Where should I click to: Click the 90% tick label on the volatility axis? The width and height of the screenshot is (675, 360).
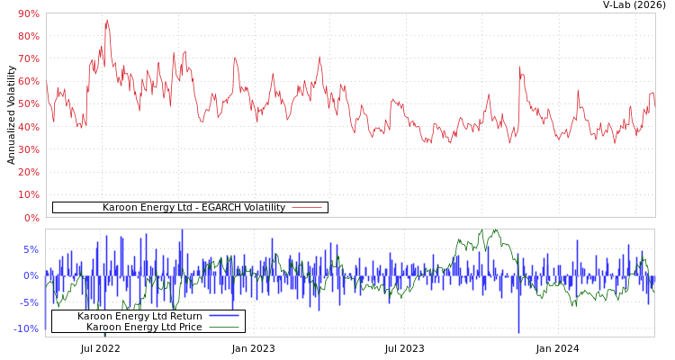click(x=28, y=13)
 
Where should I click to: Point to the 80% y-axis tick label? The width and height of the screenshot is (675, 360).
click(x=28, y=36)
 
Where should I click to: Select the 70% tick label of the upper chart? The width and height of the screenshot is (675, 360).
click(x=28, y=58)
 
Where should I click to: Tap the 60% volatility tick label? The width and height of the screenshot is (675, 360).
click(x=28, y=81)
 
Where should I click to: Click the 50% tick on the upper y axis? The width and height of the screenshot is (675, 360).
click(x=28, y=104)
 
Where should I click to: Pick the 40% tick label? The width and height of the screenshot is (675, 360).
click(x=28, y=127)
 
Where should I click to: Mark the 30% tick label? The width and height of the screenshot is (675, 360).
click(x=28, y=149)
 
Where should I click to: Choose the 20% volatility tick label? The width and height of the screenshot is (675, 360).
click(x=28, y=172)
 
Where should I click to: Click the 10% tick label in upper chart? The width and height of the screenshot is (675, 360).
click(x=28, y=194)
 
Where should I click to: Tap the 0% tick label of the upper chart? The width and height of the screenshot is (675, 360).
click(x=31, y=218)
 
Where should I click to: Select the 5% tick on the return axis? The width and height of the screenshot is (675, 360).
click(x=31, y=249)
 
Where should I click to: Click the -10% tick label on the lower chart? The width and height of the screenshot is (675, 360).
click(x=27, y=328)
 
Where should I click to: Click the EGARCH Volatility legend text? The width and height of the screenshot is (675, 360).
click(x=193, y=208)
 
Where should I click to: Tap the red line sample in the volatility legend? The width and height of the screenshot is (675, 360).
click(x=307, y=208)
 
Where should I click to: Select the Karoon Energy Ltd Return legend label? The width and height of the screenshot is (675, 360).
click(x=139, y=316)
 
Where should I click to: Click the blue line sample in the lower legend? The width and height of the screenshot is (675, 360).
click(x=224, y=316)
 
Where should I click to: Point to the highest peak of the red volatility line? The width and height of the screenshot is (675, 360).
click(x=106, y=20)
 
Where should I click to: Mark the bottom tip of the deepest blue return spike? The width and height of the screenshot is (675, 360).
click(x=518, y=333)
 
